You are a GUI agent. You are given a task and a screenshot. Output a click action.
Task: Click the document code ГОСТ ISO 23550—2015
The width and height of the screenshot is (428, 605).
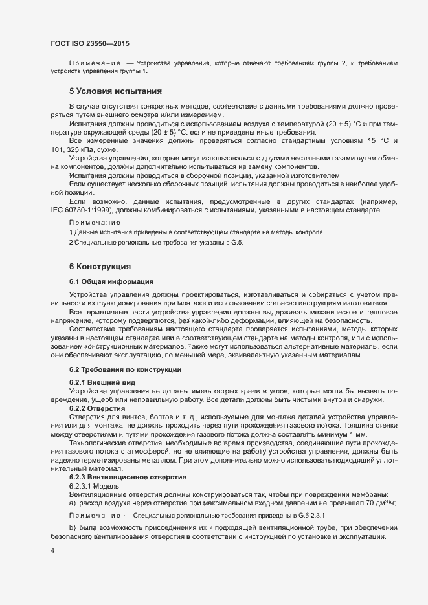tap(90, 43)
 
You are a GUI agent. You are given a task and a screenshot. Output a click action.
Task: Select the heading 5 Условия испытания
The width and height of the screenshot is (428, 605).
tap(116, 91)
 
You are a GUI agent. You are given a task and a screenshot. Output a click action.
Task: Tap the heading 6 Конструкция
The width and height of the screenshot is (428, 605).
tap(100, 266)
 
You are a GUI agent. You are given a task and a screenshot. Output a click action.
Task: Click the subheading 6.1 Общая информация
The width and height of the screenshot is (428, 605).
tap(111, 281)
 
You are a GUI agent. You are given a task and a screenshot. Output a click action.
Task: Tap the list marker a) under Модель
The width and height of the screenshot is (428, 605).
tap(73, 503)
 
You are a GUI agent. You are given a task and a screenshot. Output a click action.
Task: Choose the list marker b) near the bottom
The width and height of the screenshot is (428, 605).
tap(73, 529)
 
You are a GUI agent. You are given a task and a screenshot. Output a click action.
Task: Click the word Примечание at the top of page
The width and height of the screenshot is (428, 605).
tap(95, 63)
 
